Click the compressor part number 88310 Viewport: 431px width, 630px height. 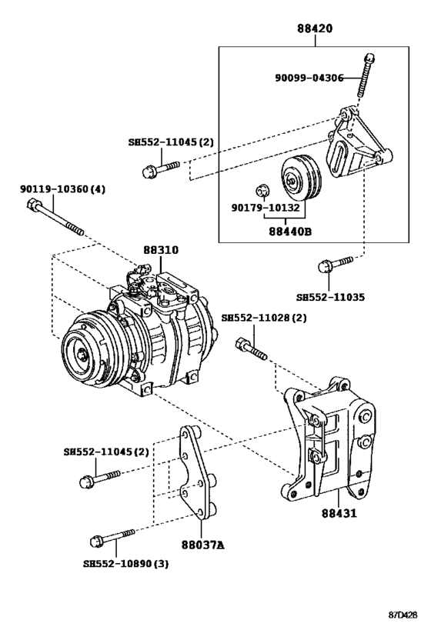click(160, 251)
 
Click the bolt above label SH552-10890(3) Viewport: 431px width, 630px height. click(112, 535)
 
